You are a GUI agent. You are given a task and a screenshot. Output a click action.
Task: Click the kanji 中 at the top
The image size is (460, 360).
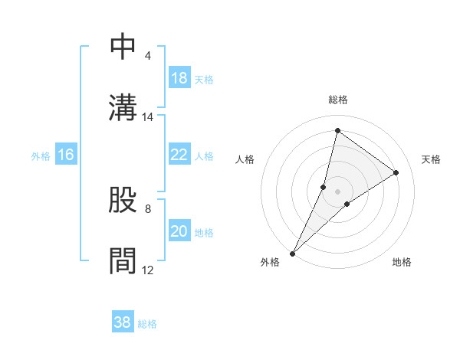point(123,47)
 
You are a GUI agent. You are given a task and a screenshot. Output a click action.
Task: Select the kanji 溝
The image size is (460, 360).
point(123,106)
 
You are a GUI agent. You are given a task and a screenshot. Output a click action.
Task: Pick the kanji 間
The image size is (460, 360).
point(123,260)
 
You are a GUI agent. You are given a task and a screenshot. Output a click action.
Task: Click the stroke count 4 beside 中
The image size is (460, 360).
point(147,57)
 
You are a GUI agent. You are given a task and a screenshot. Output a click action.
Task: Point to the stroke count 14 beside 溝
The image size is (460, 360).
point(148,117)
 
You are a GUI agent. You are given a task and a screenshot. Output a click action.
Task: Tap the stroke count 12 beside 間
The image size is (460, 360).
point(148,270)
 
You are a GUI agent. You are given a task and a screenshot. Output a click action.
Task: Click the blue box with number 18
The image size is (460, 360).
point(179,78)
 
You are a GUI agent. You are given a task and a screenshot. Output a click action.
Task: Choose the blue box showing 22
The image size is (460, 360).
point(179,155)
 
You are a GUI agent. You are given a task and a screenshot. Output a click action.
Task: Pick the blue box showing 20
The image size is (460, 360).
point(179,231)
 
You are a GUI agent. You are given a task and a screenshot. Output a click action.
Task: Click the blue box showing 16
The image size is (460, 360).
point(66,155)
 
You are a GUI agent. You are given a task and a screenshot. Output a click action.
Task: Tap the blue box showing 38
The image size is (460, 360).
point(122,322)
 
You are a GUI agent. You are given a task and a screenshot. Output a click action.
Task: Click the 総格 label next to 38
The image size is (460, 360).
point(147,324)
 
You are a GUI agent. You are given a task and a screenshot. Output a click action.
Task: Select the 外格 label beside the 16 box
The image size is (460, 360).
point(41,156)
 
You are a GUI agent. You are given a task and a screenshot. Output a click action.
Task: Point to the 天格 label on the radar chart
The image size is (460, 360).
point(432,159)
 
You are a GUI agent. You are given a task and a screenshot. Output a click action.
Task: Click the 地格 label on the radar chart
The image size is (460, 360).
point(402,262)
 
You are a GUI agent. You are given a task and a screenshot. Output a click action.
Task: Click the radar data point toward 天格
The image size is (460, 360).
point(396,173)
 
